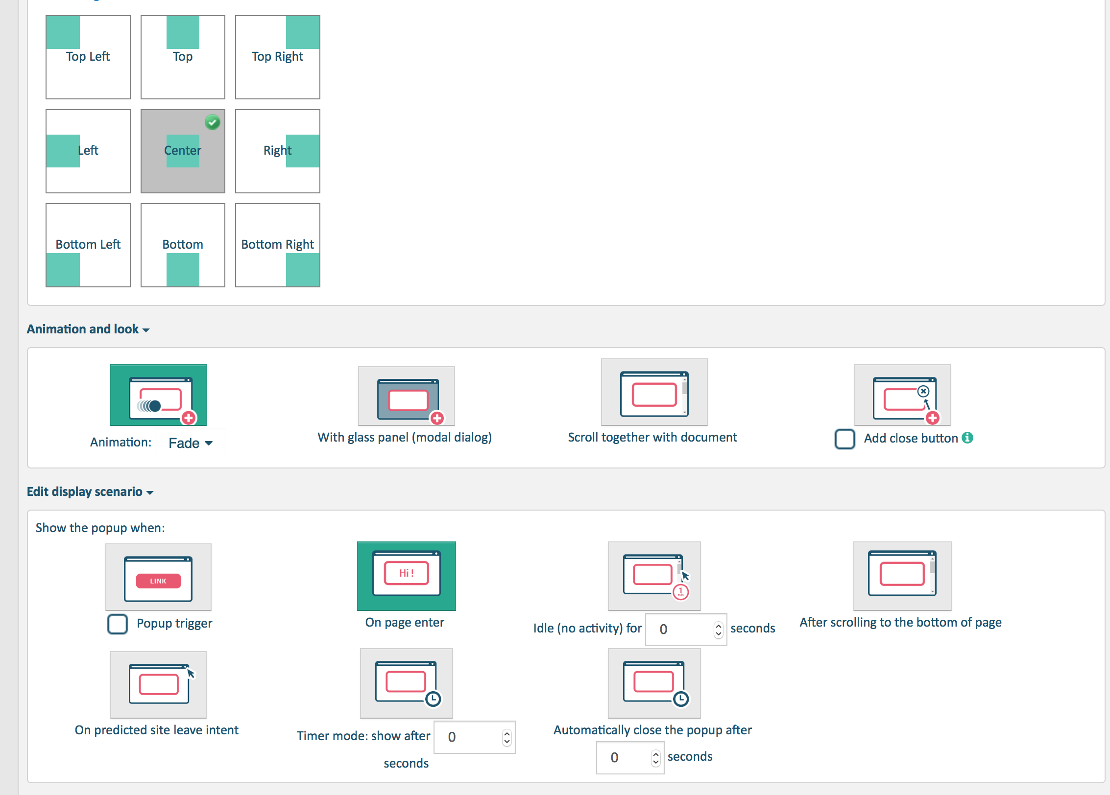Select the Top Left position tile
[x=88, y=57]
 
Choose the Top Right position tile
[x=277, y=57]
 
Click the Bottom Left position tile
[x=88, y=245]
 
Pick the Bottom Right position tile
[x=277, y=245]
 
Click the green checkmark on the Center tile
[x=213, y=122]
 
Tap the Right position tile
[x=277, y=151]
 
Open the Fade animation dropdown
[x=190, y=443]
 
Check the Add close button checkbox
[x=845, y=439]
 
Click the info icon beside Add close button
[x=967, y=438]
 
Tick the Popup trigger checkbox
[x=118, y=624]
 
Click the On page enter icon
[x=406, y=576]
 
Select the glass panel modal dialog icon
[x=406, y=396]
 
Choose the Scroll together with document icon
[x=654, y=392]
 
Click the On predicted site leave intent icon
[x=158, y=684]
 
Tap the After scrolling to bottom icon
[x=902, y=576]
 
